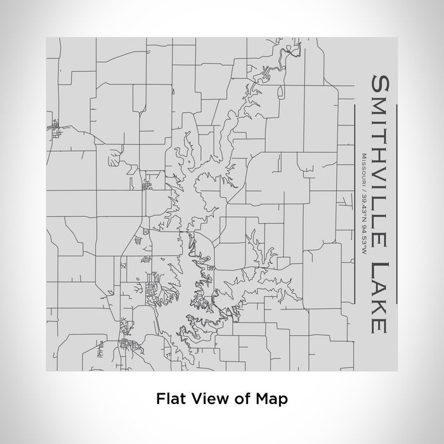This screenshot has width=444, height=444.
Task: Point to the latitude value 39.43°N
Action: click(x=360, y=204)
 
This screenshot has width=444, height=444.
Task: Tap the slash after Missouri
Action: click(x=360, y=188)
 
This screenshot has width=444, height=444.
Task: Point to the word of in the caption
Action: click(x=241, y=399)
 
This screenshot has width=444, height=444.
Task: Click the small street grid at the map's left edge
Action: click(x=53, y=131)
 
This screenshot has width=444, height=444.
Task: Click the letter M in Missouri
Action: click(x=360, y=155)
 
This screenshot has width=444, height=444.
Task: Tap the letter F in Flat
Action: click(x=160, y=399)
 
